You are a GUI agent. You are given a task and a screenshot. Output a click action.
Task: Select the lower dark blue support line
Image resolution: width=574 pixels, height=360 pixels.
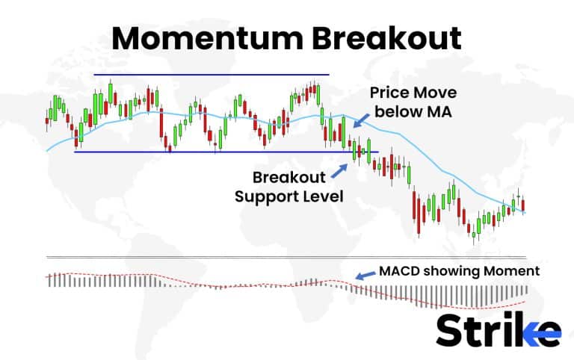[224, 152]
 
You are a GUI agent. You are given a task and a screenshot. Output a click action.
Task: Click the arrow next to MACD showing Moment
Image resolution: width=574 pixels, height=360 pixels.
[365, 276]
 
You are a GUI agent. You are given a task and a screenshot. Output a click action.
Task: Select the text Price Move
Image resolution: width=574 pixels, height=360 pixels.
[413, 93]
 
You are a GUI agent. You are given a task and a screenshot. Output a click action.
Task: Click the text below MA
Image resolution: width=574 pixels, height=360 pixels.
[413, 113]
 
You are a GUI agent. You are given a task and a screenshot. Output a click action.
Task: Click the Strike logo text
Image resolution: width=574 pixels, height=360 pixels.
[497, 329]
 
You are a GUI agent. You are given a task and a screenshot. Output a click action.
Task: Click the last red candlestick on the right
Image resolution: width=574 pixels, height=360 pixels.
[524, 204]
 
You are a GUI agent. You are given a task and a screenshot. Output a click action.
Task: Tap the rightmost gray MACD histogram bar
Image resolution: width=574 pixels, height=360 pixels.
[526, 289]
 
